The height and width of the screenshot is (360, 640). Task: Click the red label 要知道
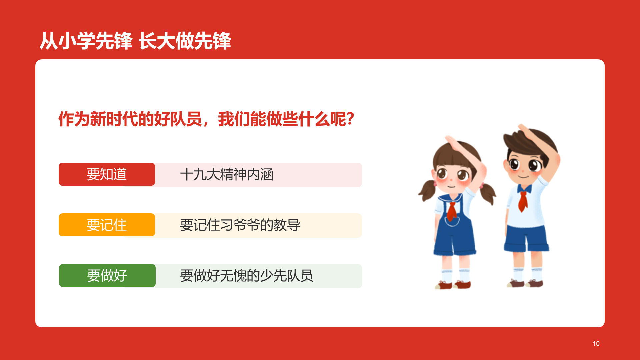click(107, 174)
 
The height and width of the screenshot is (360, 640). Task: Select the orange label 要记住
click(107, 225)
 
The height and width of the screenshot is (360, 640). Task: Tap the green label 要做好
click(107, 275)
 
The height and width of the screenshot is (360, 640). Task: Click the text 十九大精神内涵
click(227, 174)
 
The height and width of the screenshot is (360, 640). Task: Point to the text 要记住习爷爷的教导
click(240, 225)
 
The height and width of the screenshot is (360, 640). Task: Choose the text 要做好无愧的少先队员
click(247, 276)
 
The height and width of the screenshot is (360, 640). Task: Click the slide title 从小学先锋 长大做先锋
click(135, 41)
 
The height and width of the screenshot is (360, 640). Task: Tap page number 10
click(596, 344)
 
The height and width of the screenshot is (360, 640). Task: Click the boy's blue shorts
click(526, 239)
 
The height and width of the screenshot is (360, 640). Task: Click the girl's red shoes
click(453, 285)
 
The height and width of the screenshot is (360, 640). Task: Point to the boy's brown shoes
click(525, 284)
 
